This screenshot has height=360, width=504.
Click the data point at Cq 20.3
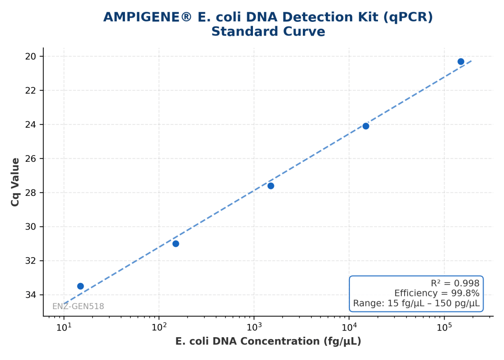click(x=461, y=61)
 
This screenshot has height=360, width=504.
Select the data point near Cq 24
click(x=366, y=126)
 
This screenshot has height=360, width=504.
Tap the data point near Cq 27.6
click(x=271, y=186)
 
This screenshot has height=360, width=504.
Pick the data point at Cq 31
click(x=175, y=243)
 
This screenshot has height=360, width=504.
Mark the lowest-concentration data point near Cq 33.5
click(x=80, y=286)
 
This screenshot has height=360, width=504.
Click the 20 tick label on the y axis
click(x=30, y=57)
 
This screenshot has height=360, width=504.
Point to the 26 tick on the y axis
click(x=30, y=159)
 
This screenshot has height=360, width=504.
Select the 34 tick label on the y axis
click(x=30, y=295)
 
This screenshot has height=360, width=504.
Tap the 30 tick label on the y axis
click(x=30, y=227)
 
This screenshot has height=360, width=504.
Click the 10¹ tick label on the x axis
click(x=64, y=327)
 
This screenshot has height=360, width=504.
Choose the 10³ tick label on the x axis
click(x=254, y=327)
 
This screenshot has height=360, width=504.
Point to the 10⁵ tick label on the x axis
click(x=444, y=327)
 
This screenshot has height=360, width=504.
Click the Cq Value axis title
click(x=15, y=182)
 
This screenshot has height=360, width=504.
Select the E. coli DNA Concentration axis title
click(x=268, y=341)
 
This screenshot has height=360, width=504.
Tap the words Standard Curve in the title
click(x=268, y=31)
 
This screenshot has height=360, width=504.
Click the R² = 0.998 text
click(x=455, y=283)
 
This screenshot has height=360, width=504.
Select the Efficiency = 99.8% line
click(x=437, y=293)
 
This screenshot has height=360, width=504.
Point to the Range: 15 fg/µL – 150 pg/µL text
click(x=416, y=303)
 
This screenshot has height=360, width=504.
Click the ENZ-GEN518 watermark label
click(x=78, y=306)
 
